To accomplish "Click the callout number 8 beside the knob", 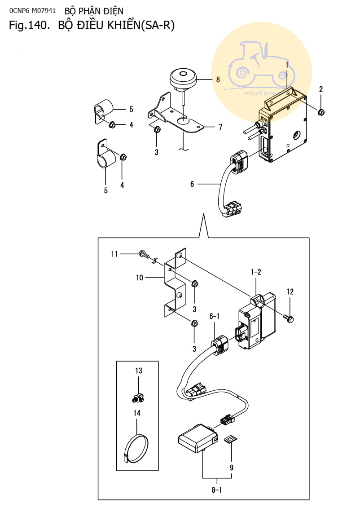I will coord(218,79).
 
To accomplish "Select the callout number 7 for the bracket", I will coord(220,127).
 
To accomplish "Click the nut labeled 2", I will coord(321,111).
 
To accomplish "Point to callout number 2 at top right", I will coord(321,89).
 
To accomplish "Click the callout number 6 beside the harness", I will coord(192,184).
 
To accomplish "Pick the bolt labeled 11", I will coord(143,255).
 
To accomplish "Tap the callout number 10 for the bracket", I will coord(140,278).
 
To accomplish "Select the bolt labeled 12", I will coord(290,318).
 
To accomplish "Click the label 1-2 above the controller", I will coord(256,272).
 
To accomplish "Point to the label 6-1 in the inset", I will coord(215,317).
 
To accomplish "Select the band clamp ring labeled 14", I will coord(137,447).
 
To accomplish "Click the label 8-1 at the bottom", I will coord(217,490).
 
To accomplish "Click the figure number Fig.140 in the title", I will coord(28,26).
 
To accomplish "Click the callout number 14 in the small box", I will coord(137,413).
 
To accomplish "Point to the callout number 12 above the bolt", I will coord(290,292).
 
